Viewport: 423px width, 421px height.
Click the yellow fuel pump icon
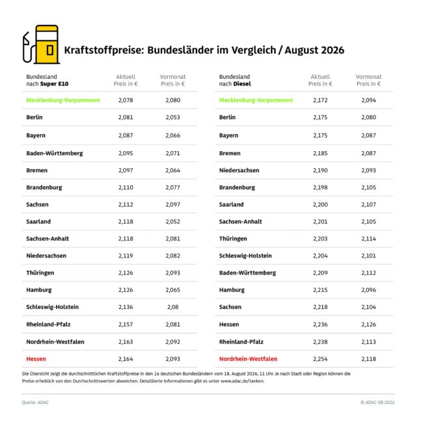click(x=41, y=44)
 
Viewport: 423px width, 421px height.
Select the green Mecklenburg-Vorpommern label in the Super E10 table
click(x=63, y=100)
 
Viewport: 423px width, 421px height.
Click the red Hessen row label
click(x=36, y=359)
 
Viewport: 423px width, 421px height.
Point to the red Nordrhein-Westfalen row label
click(x=248, y=359)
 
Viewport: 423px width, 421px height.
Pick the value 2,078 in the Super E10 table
click(x=126, y=100)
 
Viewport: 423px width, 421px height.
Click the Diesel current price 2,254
click(x=320, y=359)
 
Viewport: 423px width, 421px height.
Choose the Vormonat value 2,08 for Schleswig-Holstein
click(x=173, y=307)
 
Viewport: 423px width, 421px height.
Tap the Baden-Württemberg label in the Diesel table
click(x=247, y=273)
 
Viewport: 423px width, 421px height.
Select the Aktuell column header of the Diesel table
click(x=320, y=80)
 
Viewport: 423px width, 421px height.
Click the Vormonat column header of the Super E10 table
click(x=173, y=80)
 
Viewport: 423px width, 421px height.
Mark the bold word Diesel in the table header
click(x=242, y=84)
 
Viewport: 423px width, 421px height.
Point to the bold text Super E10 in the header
click(x=54, y=84)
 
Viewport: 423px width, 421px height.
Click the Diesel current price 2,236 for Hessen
click(x=320, y=325)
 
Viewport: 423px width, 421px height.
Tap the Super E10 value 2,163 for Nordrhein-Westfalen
click(x=126, y=342)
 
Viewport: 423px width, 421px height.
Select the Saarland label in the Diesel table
click(x=231, y=205)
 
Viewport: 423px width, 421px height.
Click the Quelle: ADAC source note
click(x=35, y=402)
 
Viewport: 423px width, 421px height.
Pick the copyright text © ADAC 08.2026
click(x=377, y=402)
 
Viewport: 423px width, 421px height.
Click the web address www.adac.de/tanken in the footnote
click(x=242, y=381)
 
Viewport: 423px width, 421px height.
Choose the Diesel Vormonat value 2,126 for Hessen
click(x=368, y=325)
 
